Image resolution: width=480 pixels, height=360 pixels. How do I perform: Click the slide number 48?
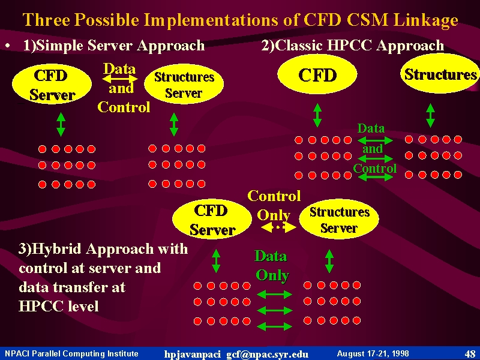470,354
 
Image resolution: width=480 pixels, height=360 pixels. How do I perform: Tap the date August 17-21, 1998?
373,354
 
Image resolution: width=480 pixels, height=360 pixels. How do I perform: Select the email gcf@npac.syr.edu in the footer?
267,355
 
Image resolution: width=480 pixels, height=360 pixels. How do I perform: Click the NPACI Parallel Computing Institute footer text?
71,354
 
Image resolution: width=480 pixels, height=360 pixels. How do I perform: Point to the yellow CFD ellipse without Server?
317,74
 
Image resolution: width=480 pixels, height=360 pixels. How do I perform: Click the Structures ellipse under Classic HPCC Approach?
440,74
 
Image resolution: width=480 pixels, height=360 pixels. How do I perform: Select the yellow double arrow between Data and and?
119,79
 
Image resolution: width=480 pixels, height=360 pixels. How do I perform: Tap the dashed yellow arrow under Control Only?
278,227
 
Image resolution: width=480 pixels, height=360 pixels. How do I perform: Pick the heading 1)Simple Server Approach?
114,46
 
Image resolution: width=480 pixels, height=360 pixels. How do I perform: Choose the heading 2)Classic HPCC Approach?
353,46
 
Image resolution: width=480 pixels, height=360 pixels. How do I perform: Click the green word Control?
374,169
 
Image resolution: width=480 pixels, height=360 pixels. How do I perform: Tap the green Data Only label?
272,265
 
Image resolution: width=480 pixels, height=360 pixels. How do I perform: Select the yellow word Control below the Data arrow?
124,107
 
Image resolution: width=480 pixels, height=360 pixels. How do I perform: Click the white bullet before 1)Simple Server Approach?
8,47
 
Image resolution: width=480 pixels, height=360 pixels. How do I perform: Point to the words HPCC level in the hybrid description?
58,306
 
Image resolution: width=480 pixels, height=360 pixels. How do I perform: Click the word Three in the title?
46,20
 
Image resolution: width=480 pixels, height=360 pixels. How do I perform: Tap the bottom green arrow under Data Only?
274,326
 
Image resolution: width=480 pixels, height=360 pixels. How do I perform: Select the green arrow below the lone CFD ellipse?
317,115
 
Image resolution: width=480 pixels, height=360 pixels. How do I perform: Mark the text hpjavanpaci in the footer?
192,355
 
